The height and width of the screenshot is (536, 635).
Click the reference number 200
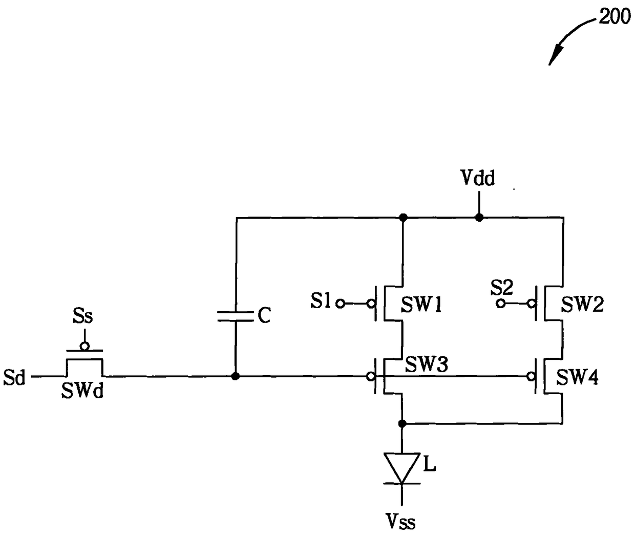click(x=615, y=17)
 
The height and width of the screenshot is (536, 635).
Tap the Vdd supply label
click(x=478, y=178)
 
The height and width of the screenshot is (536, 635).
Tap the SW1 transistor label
click(x=421, y=305)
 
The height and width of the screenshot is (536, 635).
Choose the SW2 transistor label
click(x=582, y=304)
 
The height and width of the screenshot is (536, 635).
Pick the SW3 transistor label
click(x=427, y=364)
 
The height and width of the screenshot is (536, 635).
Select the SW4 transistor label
click(x=577, y=378)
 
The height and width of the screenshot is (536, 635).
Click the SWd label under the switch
click(x=82, y=391)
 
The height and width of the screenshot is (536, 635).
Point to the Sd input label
click(x=14, y=378)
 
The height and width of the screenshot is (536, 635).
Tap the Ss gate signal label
click(x=82, y=316)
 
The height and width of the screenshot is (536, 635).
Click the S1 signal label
click(x=320, y=301)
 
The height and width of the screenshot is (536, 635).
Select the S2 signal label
click(x=502, y=287)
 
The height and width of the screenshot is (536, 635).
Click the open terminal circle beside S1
click(x=341, y=304)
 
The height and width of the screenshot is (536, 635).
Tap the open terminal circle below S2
click(x=500, y=304)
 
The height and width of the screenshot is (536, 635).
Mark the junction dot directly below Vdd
click(x=479, y=218)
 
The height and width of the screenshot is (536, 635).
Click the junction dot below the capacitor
click(x=235, y=376)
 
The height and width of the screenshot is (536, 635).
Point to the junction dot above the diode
click(x=403, y=423)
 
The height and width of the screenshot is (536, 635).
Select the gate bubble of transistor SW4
click(x=531, y=377)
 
